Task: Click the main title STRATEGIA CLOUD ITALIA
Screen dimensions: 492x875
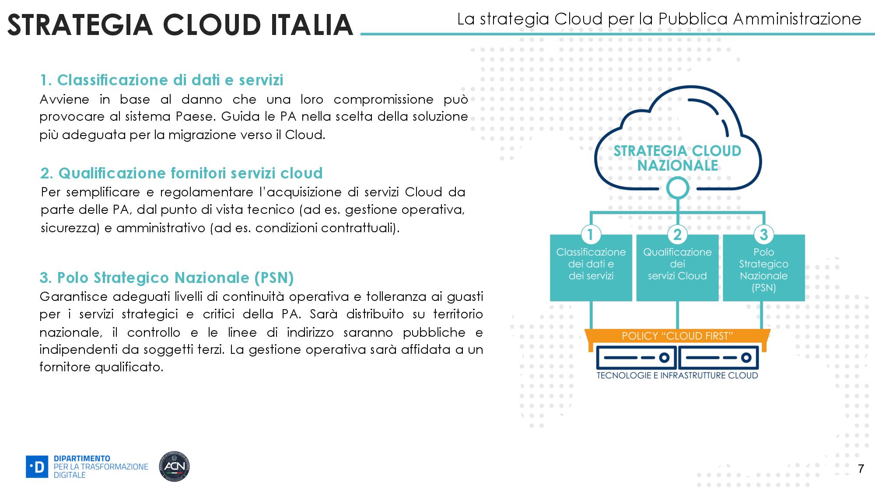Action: (x=180, y=24)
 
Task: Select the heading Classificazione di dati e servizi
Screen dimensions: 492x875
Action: (x=161, y=80)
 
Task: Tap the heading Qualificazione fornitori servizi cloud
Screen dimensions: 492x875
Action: (x=181, y=173)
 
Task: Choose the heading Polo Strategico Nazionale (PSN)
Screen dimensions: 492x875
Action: (x=167, y=278)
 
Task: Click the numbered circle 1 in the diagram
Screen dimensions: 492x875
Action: (x=590, y=234)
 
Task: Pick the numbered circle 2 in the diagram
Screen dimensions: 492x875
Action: (x=677, y=234)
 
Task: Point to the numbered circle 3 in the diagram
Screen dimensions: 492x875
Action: (x=764, y=234)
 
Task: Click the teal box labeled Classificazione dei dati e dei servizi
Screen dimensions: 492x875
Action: (x=591, y=271)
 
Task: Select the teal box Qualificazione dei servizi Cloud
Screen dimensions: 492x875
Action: (x=677, y=271)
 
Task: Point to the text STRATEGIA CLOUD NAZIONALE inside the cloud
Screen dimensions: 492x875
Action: (x=677, y=158)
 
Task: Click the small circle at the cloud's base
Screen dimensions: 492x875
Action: (x=677, y=188)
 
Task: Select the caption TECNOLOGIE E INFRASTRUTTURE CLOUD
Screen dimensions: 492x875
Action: (x=677, y=376)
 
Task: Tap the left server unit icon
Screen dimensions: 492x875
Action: (x=636, y=358)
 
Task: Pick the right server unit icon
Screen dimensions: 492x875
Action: (x=718, y=358)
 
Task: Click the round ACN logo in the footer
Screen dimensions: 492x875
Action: (x=174, y=467)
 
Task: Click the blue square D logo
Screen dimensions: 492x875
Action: (x=37, y=467)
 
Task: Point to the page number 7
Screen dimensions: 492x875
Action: (x=861, y=468)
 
